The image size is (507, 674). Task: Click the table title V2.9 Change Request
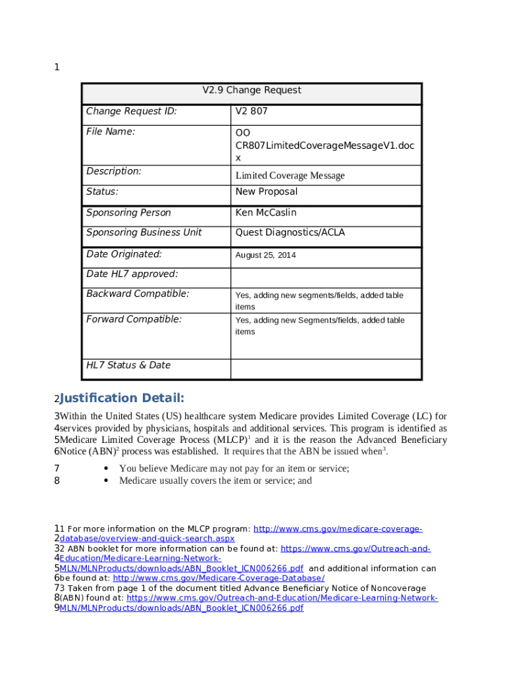(252, 90)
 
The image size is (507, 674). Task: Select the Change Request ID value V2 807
(252, 111)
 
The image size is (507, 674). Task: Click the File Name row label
(111, 132)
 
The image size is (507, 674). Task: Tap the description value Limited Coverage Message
(290, 176)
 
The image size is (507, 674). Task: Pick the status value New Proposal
(267, 192)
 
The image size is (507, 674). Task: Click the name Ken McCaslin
(266, 213)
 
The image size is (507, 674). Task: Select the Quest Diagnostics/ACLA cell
(290, 232)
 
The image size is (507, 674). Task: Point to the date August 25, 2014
(266, 255)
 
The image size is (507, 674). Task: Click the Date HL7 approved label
(132, 274)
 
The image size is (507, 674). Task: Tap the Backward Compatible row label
(138, 294)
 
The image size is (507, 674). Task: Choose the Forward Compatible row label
(134, 319)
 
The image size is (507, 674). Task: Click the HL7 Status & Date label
(128, 365)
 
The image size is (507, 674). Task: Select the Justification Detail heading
(122, 398)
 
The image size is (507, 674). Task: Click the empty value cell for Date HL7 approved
(325, 276)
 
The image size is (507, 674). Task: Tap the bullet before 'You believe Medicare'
(106, 469)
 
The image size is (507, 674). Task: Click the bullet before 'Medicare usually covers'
(106, 480)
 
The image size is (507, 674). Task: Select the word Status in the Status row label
(102, 192)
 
